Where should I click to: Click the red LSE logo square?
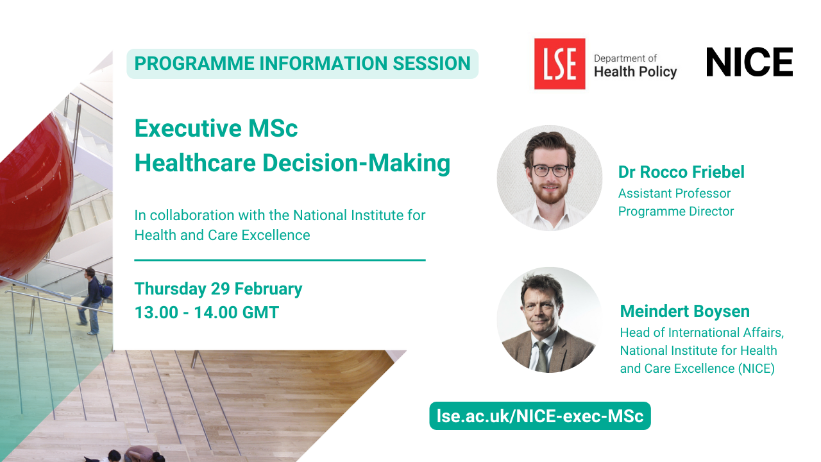pos(559,64)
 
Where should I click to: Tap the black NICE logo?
pos(750,62)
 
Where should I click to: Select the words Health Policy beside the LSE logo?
pos(635,72)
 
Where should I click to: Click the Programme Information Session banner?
pos(302,64)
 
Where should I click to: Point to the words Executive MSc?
pos(216,128)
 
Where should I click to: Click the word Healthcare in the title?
pos(195,163)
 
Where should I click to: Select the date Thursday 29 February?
pos(219,289)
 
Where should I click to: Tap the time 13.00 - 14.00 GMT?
pos(207,312)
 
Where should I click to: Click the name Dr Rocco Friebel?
pos(681,172)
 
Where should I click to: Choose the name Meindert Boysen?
pos(684,311)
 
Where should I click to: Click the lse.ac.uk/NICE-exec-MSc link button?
pos(540,416)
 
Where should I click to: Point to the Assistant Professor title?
pos(674,193)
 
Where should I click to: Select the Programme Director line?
pos(676,211)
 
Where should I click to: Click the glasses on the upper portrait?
pos(550,171)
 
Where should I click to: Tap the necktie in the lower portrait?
pos(541,356)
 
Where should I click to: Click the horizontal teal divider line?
pos(280,261)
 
